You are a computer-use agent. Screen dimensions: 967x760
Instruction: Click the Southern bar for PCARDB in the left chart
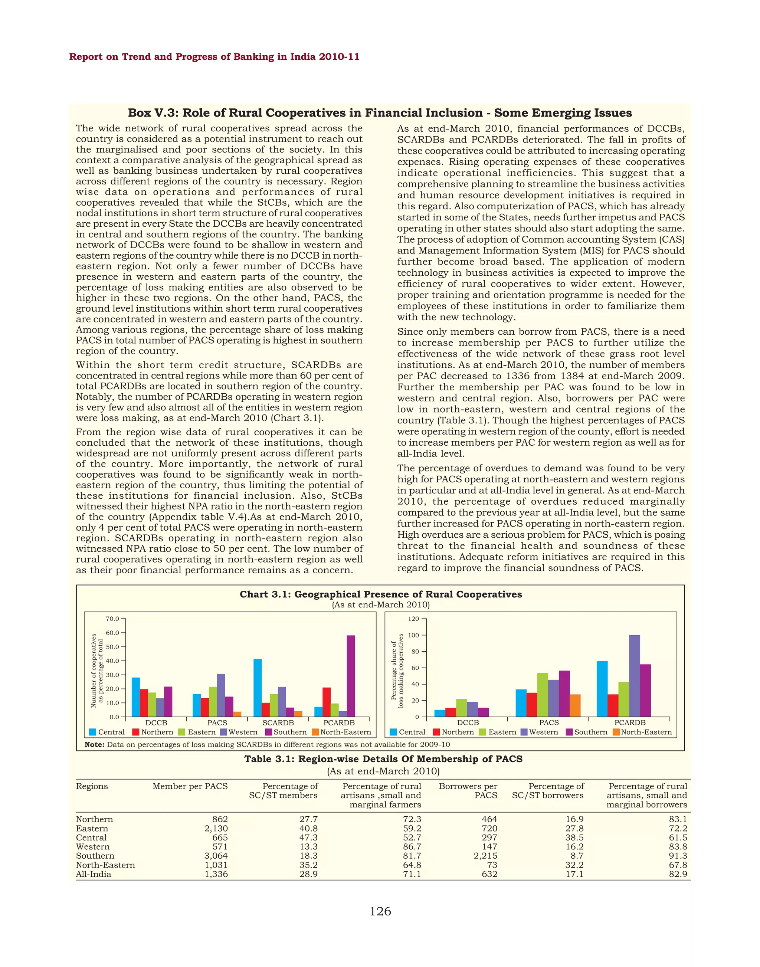[x=351, y=676]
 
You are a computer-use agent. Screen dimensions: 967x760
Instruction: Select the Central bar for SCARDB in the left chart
[x=258, y=688]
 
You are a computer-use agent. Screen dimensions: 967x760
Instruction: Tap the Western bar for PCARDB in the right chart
[x=634, y=676]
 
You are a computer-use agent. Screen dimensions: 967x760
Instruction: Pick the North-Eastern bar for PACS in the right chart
[x=574, y=705]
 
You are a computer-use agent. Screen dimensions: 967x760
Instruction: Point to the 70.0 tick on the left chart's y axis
[x=112, y=619]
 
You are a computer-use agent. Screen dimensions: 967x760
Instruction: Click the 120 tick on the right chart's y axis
[x=414, y=619]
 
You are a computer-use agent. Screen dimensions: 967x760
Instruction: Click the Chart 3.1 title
[x=380, y=594]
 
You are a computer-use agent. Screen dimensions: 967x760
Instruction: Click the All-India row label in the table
[x=94, y=874]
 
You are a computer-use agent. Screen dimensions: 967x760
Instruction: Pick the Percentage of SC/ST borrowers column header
[x=548, y=791]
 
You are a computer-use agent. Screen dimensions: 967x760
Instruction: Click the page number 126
[x=380, y=912]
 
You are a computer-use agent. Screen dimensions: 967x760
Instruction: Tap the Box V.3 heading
[x=380, y=113]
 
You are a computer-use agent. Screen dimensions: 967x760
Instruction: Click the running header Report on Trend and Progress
[x=214, y=57]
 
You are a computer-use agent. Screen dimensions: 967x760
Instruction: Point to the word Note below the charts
[x=94, y=744]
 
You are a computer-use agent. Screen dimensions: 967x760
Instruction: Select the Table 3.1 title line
[x=383, y=759]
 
